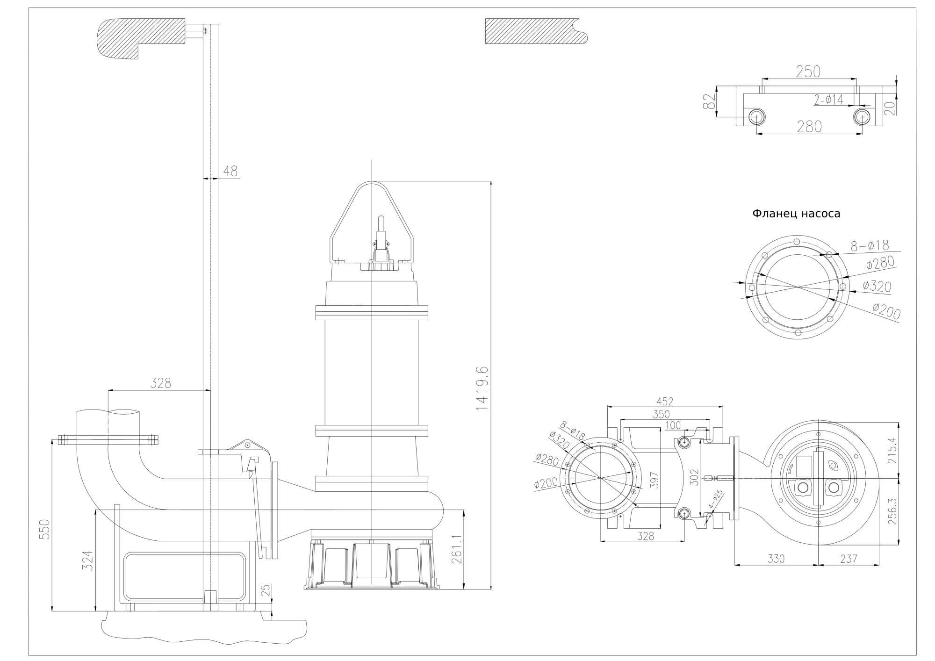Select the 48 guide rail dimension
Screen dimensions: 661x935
tap(230, 172)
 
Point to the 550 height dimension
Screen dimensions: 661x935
tap(44, 529)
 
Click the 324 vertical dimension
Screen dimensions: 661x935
tap(88, 560)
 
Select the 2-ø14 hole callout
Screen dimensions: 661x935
tap(829, 99)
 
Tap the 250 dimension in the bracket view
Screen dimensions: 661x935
tap(808, 72)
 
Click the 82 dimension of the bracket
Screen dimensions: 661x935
tap(709, 101)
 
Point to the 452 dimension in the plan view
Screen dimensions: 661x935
tap(664, 401)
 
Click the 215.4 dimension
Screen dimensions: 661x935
tap(892, 450)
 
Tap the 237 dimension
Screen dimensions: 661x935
tap(849, 559)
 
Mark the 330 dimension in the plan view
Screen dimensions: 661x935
tap(776, 559)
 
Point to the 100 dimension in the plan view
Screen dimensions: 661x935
tap(673, 425)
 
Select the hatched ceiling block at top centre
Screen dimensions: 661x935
tap(535, 31)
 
